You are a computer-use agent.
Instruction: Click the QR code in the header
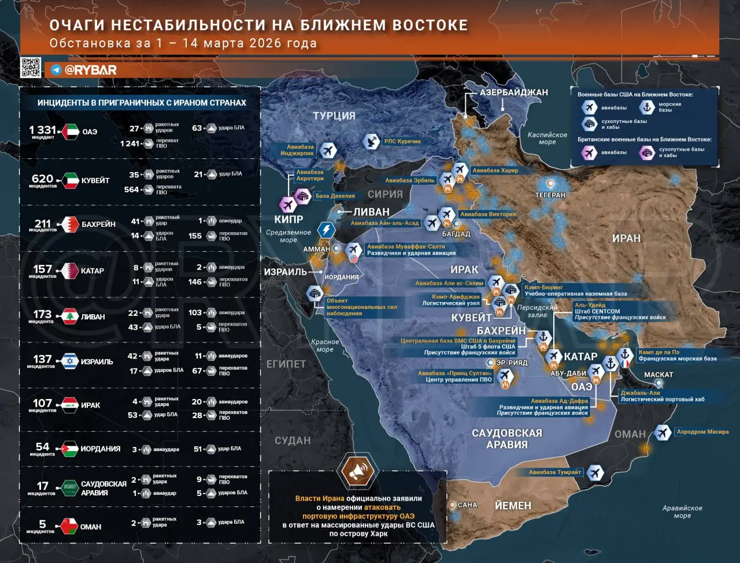31,68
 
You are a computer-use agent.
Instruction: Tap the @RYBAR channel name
90,70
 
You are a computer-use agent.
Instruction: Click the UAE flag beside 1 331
71,132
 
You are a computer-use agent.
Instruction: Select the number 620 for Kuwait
43,179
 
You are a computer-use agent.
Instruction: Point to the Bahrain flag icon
71,224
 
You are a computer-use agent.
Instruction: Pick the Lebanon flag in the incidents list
71,316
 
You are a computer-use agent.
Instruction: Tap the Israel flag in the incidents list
71,361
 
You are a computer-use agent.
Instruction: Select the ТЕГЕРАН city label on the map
550,195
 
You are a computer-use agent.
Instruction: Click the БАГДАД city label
456,234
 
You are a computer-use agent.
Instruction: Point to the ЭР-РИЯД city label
512,363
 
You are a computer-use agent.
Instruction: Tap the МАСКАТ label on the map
658,375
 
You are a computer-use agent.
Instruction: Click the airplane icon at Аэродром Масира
663,432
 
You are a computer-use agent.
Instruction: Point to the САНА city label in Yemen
467,505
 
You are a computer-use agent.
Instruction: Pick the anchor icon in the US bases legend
646,107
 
